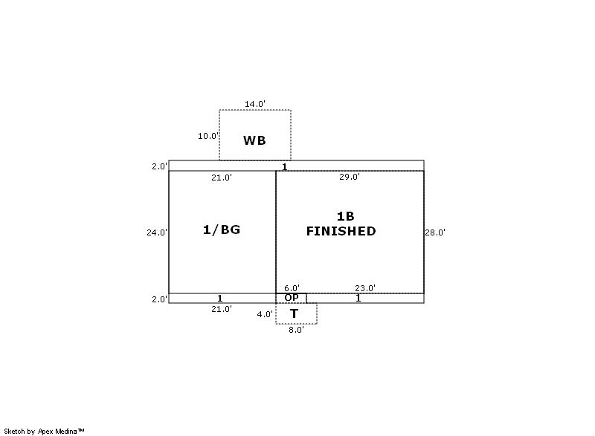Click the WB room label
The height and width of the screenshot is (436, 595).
pyautogui.click(x=254, y=140)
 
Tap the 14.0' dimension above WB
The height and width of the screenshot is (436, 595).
pyautogui.click(x=255, y=104)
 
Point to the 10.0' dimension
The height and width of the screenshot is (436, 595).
pyautogui.click(x=208, y=136)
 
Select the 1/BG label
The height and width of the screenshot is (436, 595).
pyautogui.click(x=222, y=230)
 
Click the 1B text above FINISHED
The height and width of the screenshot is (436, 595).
pyautogui.click(x=345, y=216)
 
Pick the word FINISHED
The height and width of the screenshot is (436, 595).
pyautogui.click(x=341, y=231)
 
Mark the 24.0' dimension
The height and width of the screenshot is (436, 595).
pyautogui.click(x=157, y=232)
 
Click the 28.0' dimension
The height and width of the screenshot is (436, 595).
pyautogui.click(x=435, y=232)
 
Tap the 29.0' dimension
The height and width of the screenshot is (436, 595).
pyautogui.click(x=350, y=177)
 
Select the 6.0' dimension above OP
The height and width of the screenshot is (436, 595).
pyautogui.click(x=292, y=288)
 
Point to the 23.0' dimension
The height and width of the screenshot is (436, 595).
pyautogui.click(x=365, y=288)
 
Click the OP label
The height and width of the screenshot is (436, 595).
pyautogui.click(x=292, y=298)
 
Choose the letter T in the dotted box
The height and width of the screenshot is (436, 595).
pyautogui.click(x=294, y=313)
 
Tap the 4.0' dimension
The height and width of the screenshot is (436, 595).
pyautogui.click(x=265, y=314)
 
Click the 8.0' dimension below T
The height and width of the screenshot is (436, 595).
pyautogui.click(x=296, y=330)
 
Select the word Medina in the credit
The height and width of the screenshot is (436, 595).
pyautogui.click(x=66, y=431)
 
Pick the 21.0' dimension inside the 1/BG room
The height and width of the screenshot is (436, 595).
pyautogui.click(x=222, y=178)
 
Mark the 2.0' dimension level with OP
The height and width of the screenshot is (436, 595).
pyautogui.click(x=159, y=299)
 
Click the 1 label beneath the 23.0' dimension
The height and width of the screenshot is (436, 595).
pyautogui.click(x=358, y=298)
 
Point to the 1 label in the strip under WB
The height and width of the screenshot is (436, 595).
pyautogui.click(x=285, y=166)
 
